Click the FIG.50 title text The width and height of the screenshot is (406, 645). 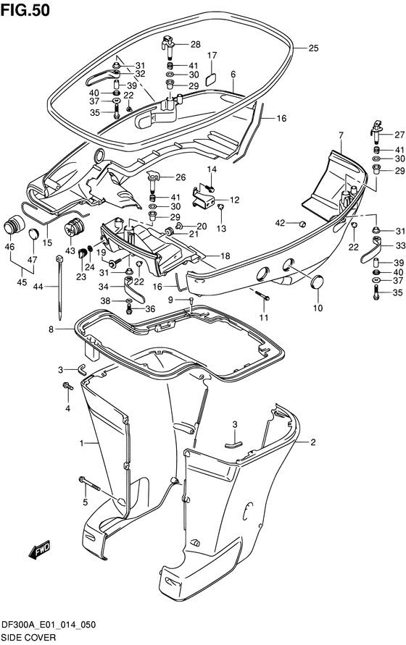click(25, 9)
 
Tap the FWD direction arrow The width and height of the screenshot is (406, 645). click(40, 549)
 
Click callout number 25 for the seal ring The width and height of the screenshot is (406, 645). click(313, 48)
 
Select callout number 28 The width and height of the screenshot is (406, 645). click(195, 44)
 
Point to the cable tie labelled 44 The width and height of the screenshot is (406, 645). click(59, 287)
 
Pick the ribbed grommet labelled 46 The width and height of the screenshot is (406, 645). click(14, 224)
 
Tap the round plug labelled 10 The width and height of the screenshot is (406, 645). click(317, 283)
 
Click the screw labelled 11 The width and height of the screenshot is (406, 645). click(262, 295)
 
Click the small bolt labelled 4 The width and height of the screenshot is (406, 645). click(67, 387)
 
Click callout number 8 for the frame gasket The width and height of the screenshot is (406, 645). click(51, 329)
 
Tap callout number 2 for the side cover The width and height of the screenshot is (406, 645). click(313, 442)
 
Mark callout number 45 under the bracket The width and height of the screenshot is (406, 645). click(22, 282)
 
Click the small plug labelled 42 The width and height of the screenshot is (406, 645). click(302, 224)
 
